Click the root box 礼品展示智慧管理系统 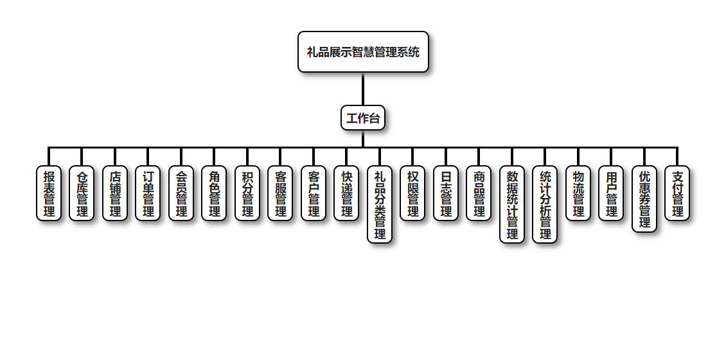click(x=363, y=52)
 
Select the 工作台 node click(x=363, y=118)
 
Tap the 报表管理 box click(x=49, y=194)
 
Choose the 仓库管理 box click(x=82, y=194)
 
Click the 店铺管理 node click(x=115, y=194)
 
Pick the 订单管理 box click(x=148, y=194)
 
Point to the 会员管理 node click(x=181, y=194)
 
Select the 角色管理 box click(x=214, y=194)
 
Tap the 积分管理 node click(x=247, y=194)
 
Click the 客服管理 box click(x=280, y=194)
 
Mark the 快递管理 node click(x=346, y=194)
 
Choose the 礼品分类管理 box click(x=380, y=204)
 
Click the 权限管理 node click(x=412, y=194)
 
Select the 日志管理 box click(x=446, y=194)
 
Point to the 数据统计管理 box click(x=512, y=204)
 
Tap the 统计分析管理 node click(x=545, y=204)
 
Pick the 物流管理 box click(x=578, y=194)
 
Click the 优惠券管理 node click(x=644, y=199)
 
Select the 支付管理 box click(x=677, y=194)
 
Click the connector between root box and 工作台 click(x=363, y=89)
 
